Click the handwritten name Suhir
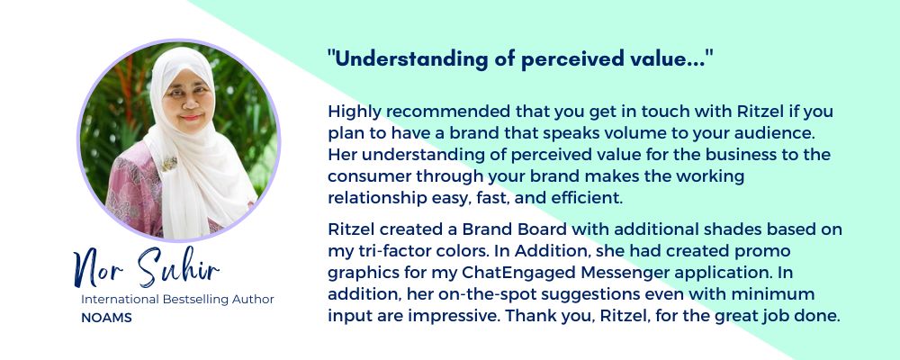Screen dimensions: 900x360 (x=179, y=267)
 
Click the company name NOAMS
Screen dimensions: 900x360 (x=106, y=318)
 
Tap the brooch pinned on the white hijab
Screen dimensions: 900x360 (x=169, y=164)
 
